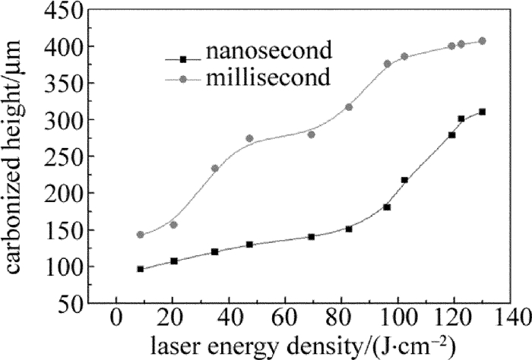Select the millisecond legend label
click(271, 77)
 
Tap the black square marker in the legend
click(182, 58)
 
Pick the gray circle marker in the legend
click(182, 77)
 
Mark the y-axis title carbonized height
click(18, 156)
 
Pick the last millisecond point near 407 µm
click(482, 41)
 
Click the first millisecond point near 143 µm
click(140, 235)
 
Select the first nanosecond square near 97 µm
click(140, 269)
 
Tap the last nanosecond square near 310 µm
click(482, 112)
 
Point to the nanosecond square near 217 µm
click(404, 180)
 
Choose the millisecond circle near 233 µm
click(215, 169)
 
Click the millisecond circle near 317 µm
click(349, 107)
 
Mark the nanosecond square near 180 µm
click(387, 207)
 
